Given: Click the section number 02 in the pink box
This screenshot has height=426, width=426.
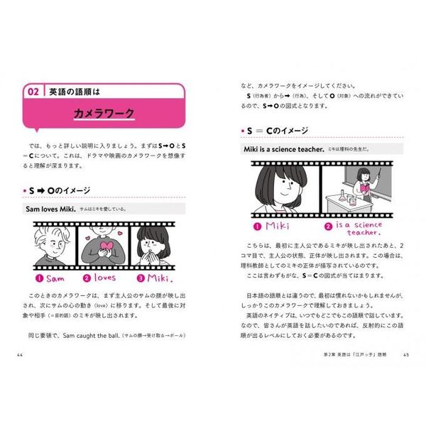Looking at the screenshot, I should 33,92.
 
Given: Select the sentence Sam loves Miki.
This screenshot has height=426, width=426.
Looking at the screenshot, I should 50,209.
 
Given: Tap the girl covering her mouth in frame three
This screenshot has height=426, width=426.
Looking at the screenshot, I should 153,245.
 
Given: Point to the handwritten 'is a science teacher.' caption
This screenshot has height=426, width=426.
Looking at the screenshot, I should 355,228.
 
